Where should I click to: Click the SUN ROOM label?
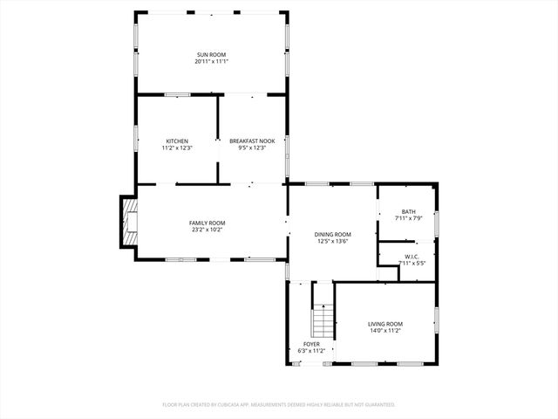coord(211,55)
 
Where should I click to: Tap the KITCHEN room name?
coord(177,141)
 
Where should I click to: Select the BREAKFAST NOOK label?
coord(252,141)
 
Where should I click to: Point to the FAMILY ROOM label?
coord(207,223)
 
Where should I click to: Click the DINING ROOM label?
coord(333,234)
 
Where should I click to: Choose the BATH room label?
coord(408,211)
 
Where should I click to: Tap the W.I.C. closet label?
coord(411,257)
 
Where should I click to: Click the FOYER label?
coord(311,344)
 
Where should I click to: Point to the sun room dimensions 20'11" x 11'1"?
coord(211,62)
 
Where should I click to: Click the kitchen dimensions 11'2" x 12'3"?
coord(177,148)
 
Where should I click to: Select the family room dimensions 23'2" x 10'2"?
coord(207,230)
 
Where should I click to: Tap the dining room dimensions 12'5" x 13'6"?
coord(333,241)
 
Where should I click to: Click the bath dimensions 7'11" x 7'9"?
coord(408,218)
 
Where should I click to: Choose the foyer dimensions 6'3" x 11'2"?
coord(311,351)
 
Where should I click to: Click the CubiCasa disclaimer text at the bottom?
coord(279,404)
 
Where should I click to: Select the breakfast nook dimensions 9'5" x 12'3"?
coord(252,148)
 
